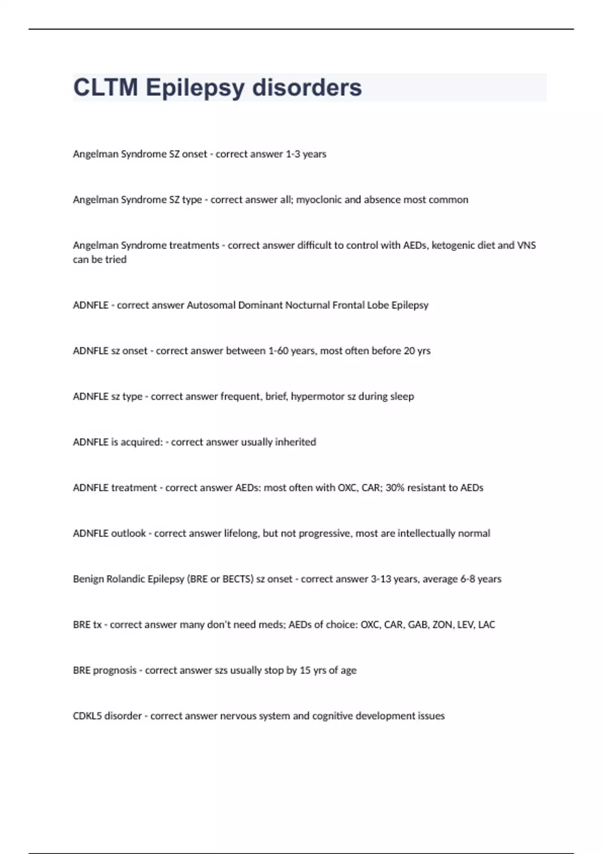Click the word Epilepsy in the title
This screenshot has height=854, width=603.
pos(195,87)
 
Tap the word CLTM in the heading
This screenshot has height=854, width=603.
pos(106,87)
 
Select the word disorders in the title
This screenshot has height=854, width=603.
pos(307,87)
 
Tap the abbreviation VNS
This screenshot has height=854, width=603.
pos(526,246)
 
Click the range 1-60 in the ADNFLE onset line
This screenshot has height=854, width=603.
pos(277,351)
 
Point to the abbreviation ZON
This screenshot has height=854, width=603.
pos(442,625)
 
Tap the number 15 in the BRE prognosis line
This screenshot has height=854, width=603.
pos(305,671)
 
